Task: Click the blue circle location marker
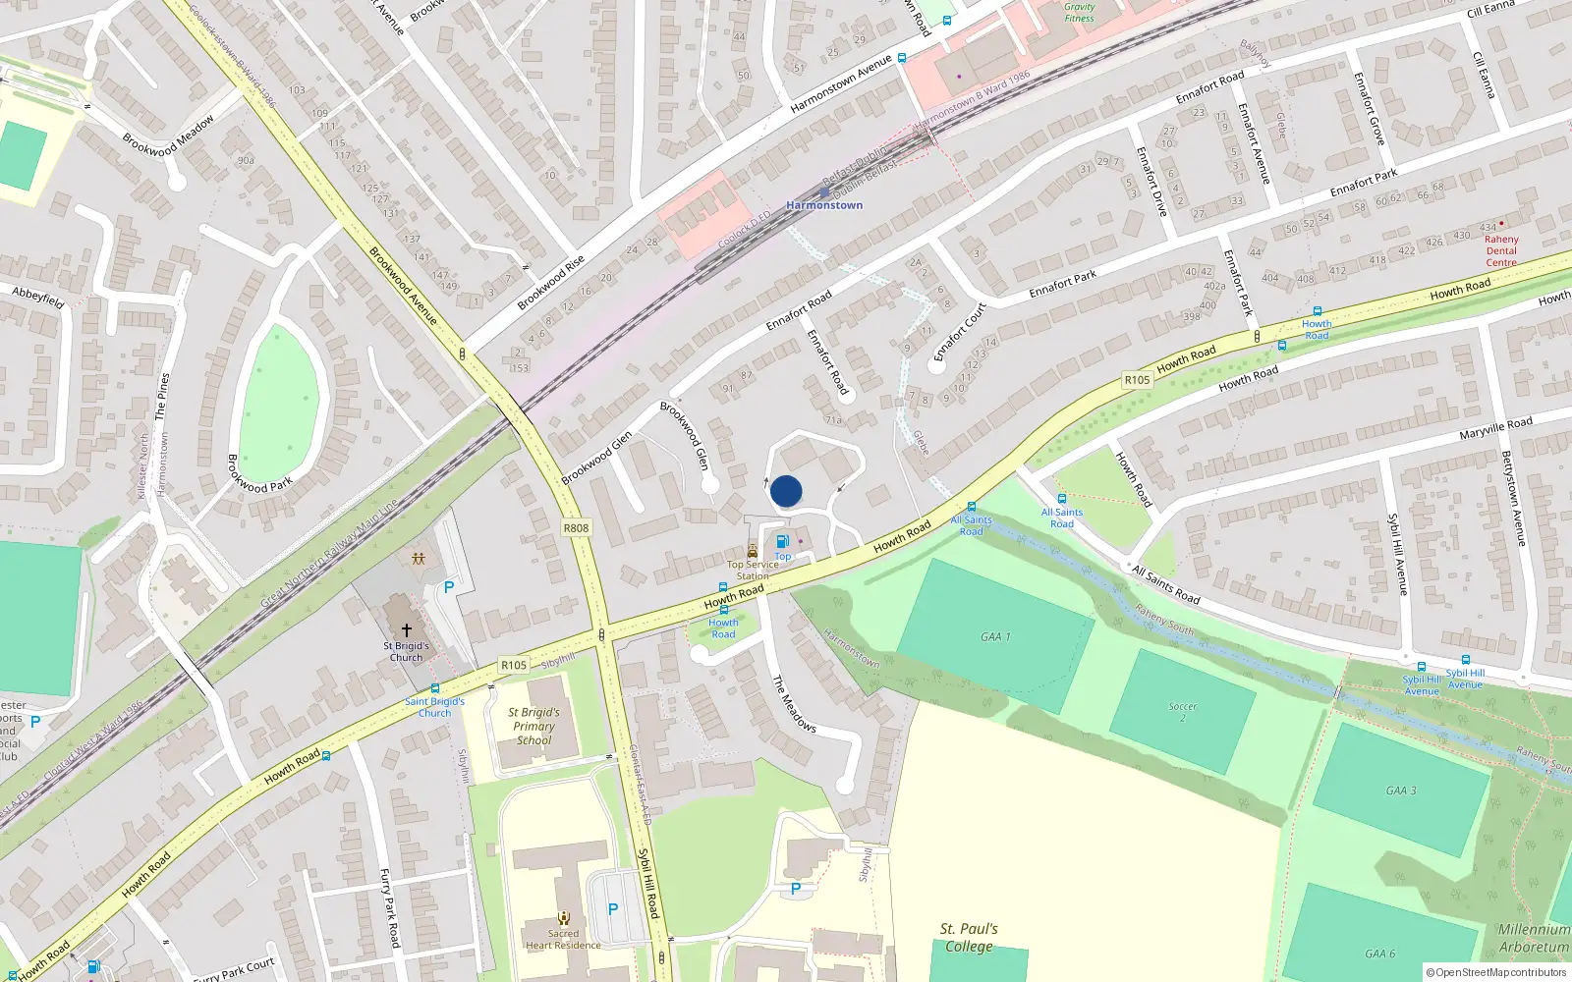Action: tap(786, 491)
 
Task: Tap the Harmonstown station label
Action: tap(824, 205)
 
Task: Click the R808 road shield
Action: tap(576, 528)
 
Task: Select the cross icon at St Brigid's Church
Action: tap(406, 629)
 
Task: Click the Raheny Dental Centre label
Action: tap(1500, 250)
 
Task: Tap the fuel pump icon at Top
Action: tap(782, 541)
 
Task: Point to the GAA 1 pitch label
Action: tap(995, 636)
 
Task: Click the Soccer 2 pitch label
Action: tap(1183, 712)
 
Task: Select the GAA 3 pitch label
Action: tap(1401, 791)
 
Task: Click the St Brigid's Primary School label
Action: tap(533, 727)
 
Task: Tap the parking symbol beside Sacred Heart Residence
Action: tap(613, 909)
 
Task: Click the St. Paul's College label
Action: tap(969, 938)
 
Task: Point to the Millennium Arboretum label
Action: tap(1533, 938)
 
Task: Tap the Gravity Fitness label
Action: tap(1079, 12)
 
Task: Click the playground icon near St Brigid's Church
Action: tap(419, 559)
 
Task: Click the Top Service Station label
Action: tap(753, 571)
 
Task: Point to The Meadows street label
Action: tap(794, 703)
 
